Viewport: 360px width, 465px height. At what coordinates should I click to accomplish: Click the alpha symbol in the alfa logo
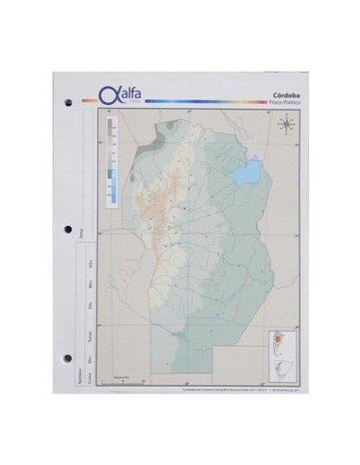(x=106, y=95)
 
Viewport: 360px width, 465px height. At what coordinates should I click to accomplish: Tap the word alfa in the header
(x=125, y=93)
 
